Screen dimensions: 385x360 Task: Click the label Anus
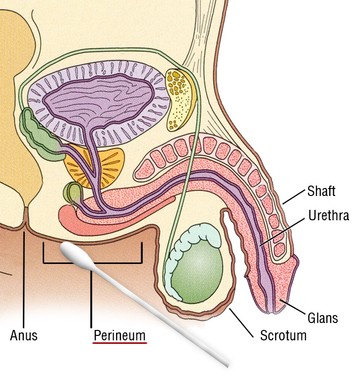point(23,335)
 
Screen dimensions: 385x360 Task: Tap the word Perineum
point(120,335)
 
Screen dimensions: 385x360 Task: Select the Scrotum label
point(283,335)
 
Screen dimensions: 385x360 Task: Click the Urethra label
point(329,216)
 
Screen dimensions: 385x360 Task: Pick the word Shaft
point(321,191)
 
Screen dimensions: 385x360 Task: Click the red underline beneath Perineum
point(120,343)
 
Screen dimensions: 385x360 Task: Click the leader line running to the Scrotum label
point(243,320)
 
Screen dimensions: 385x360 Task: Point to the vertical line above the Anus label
point(24,278)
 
